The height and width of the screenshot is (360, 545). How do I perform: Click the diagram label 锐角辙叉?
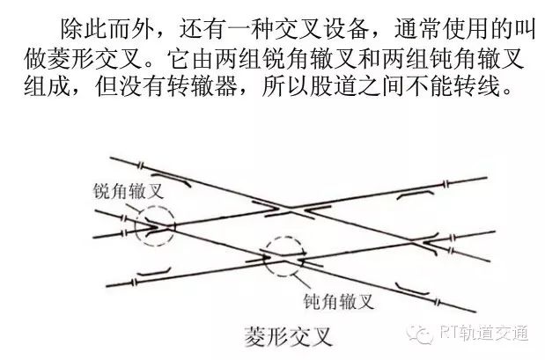click(x=128, y=191)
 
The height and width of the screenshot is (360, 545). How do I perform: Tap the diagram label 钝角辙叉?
click(x=339, y=300)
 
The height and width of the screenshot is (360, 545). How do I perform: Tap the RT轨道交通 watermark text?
click(x=483, y=333)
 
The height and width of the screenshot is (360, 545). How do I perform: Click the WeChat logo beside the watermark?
click(x=420, y=334)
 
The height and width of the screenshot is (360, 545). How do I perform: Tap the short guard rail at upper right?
click(x=416, y=194)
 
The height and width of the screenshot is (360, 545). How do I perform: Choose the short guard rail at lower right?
click(x=411, y=289)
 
